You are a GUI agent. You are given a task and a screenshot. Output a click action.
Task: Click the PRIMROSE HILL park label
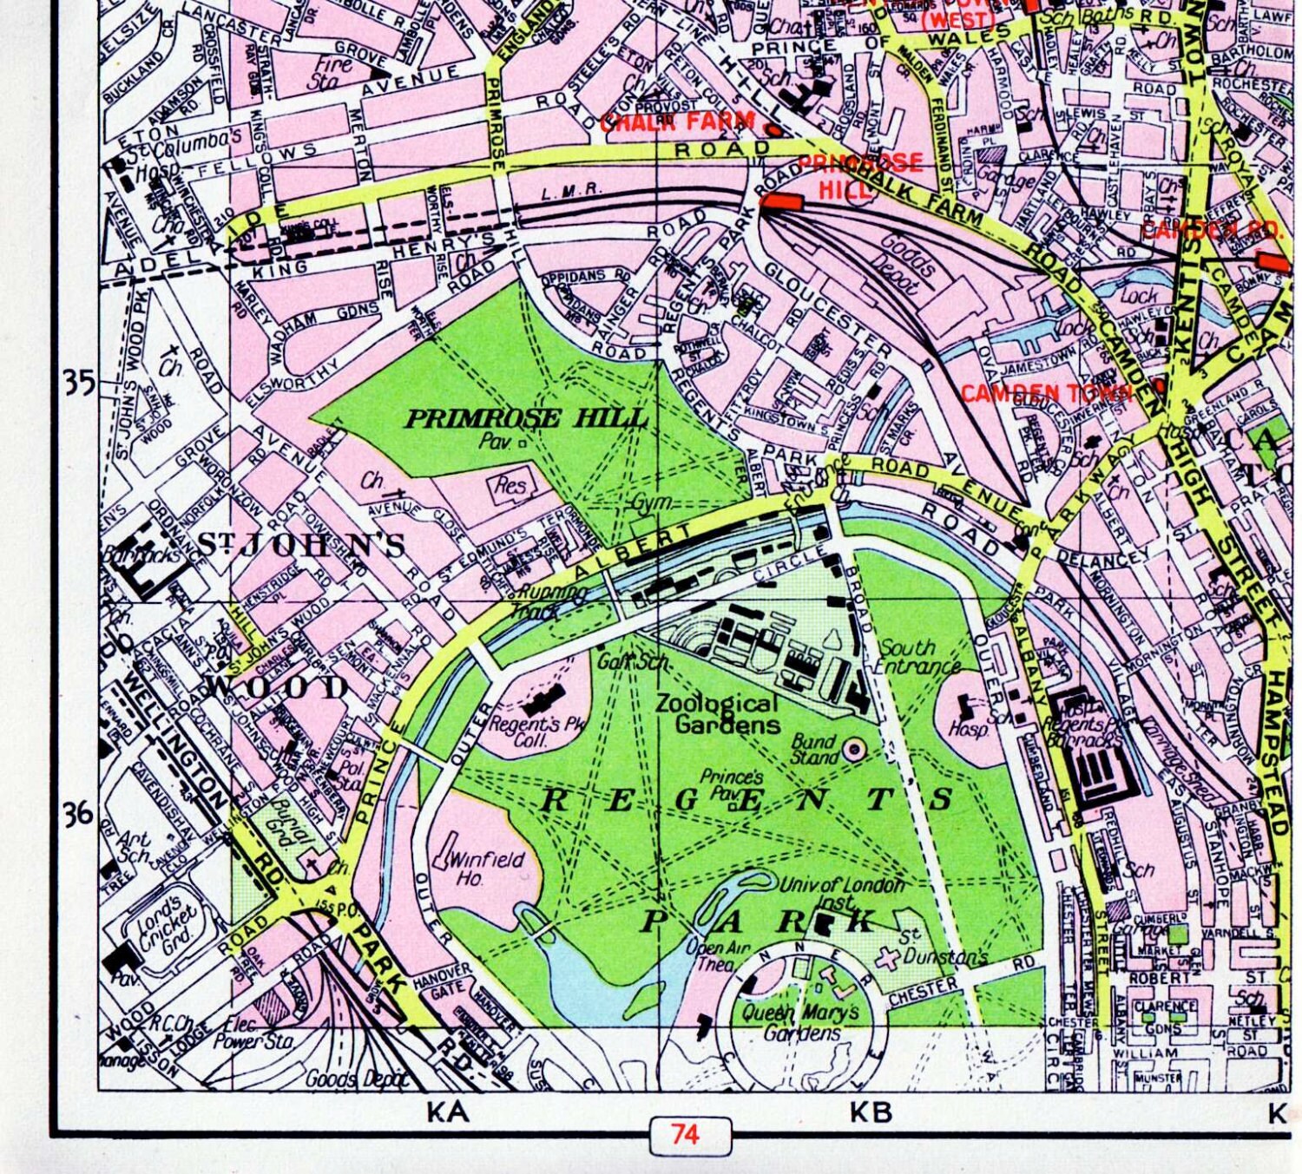527,419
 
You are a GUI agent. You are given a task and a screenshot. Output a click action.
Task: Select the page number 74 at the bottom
685,1134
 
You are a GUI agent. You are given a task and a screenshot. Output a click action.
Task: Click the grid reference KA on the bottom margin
448,1112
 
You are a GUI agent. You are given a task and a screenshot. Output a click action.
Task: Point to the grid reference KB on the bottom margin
871,1112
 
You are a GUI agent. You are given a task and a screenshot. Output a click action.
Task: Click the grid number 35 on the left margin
79,383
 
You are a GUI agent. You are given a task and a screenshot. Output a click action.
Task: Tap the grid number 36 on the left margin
79,814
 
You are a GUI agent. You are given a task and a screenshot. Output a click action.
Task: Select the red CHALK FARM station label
677,121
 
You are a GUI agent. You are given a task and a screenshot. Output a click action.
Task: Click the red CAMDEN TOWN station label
1046,393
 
